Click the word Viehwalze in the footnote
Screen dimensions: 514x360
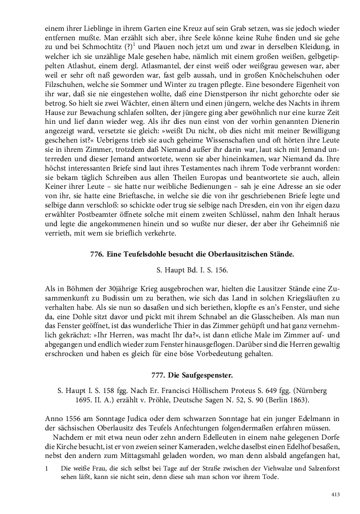pos(260,468)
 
